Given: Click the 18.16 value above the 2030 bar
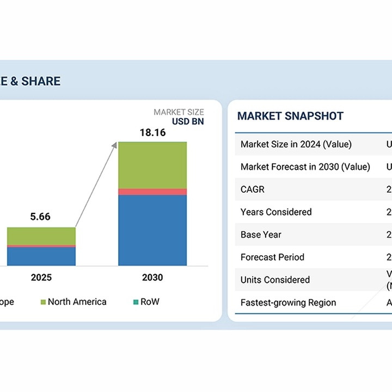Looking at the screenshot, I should pos(152,132).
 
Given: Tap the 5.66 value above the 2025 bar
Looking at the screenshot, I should pos(40,217).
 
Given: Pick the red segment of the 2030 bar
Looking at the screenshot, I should pos(152,192).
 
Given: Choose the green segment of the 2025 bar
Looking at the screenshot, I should pos(41,236).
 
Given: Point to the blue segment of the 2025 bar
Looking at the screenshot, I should pos(41,256).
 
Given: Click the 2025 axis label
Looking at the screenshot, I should pos(41,278).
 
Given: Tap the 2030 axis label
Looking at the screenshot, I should pos(152,278).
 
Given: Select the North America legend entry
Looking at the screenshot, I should pos(77,302).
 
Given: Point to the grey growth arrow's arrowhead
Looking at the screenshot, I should pos(114,144).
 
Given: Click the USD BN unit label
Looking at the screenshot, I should pos(188,121).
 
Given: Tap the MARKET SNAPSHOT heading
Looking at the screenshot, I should pos(290,116).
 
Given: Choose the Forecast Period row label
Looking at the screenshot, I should pos(272,257).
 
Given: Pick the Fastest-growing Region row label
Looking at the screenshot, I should pos(288,303).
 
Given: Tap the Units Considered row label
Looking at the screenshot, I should pos(275,280).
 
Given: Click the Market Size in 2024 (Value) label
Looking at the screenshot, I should pos(296,144).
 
